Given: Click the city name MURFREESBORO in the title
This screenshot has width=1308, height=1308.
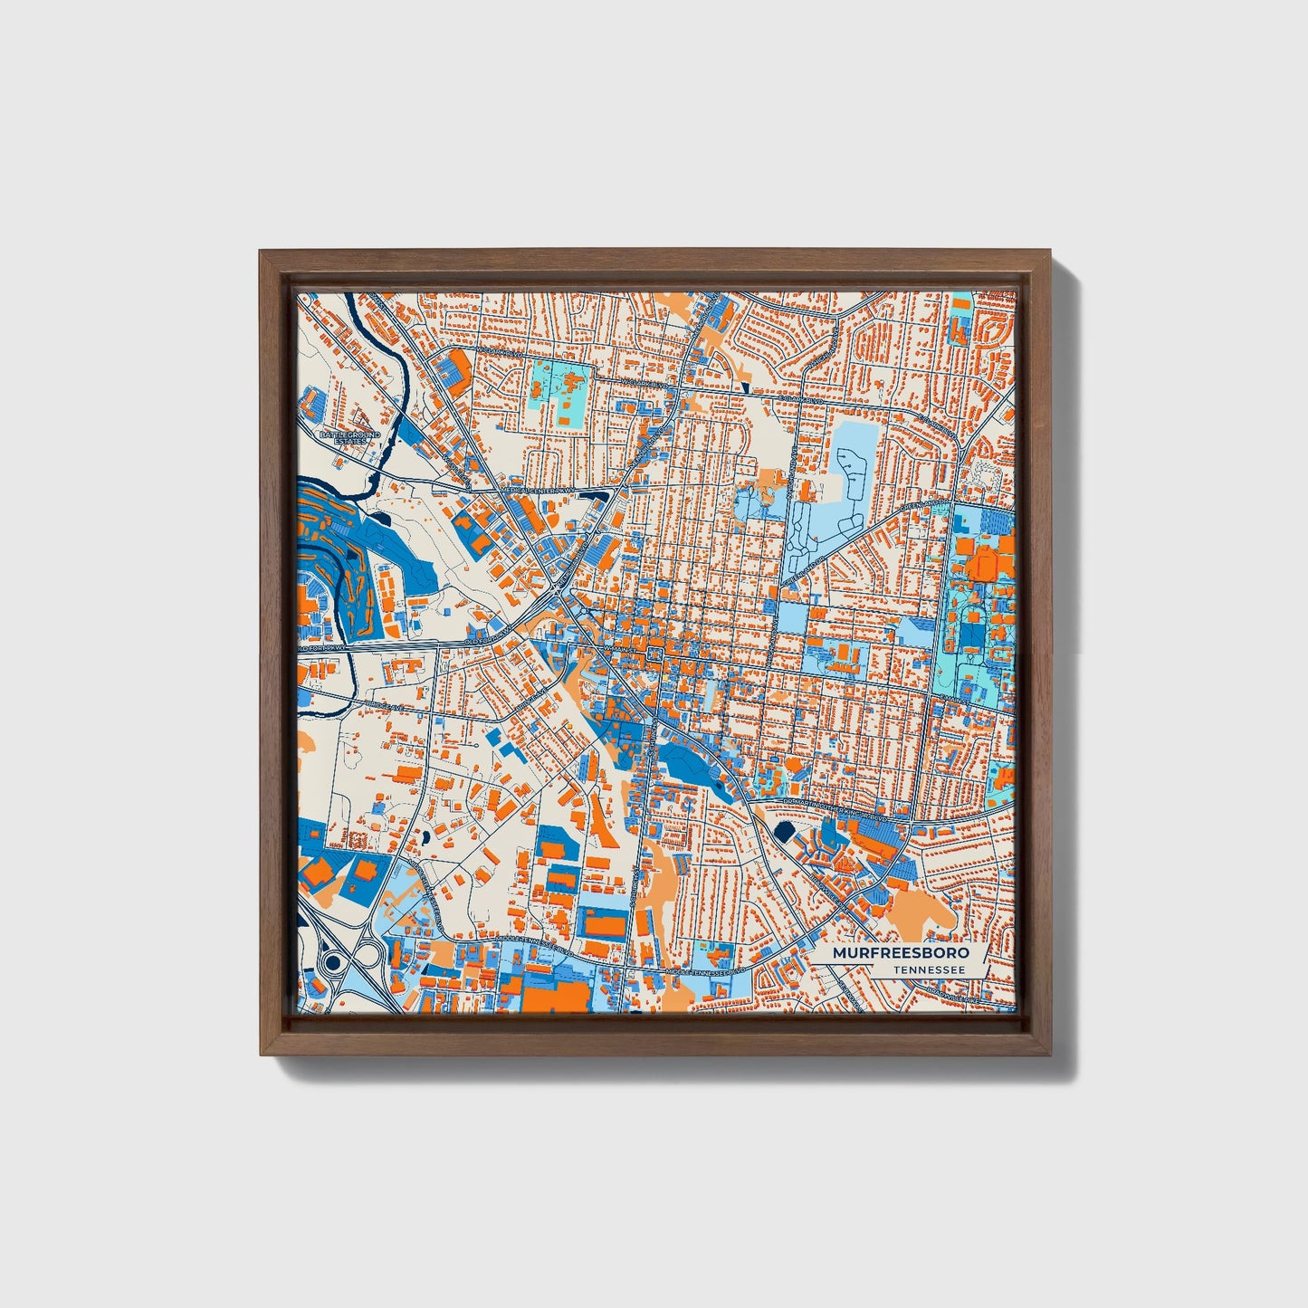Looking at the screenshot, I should [x=901, y=953].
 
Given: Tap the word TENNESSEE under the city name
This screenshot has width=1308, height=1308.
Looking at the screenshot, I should [x=928, y=970].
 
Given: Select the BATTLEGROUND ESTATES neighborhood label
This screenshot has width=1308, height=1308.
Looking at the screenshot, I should [x=349, y=437].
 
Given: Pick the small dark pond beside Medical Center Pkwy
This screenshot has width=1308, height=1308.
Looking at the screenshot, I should [x=375, y=519].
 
